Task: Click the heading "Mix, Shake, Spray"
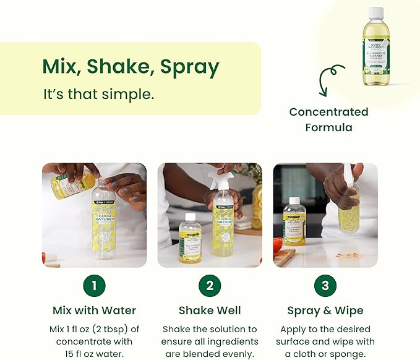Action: click(x=130, y=66)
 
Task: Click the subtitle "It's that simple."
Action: click(x=98, y=95)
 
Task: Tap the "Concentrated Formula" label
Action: click(x=328, y=119)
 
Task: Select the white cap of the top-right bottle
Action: click(x=375, y=12)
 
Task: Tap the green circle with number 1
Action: click(x=94, y=285)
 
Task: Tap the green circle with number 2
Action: click(x=210, y=285)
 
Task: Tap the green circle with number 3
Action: click(x=325, y=285)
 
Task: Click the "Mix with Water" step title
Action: click(x=94, y=310)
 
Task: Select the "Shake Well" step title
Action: click(x=210, y=310)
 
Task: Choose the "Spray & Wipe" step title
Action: click(x=325, y=310)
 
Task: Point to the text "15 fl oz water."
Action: click(x=94, y=354)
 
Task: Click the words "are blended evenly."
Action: click(x=210, y=354)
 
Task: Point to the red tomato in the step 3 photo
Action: click(x=278, y=245)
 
